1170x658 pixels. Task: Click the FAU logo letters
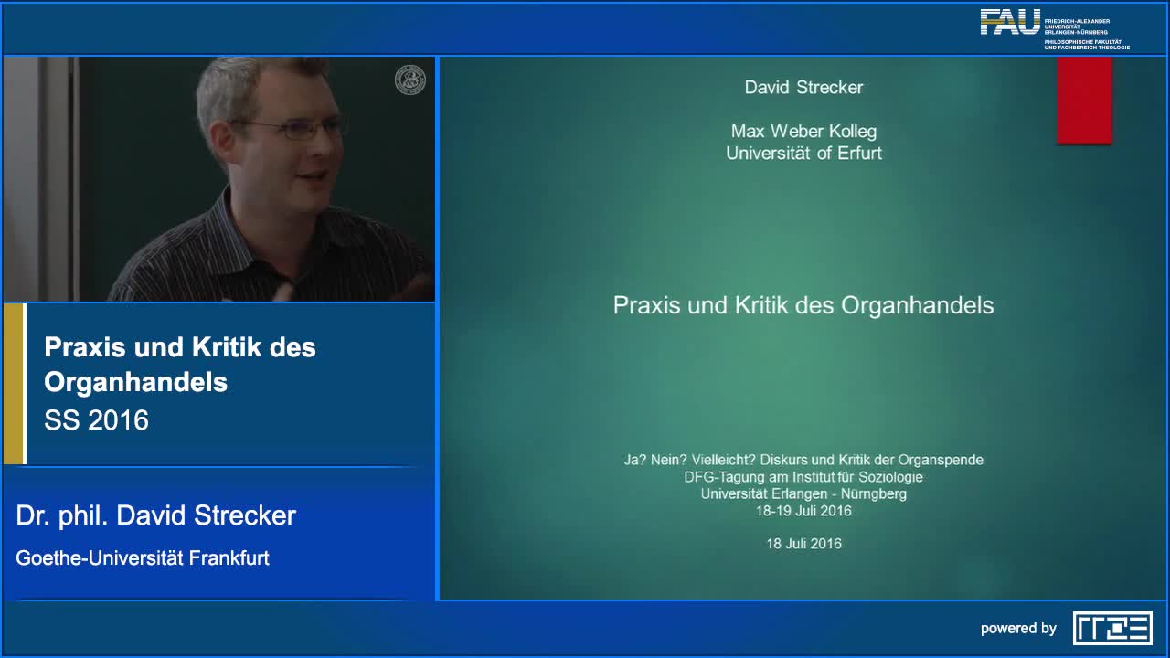click(x=1010, y=22)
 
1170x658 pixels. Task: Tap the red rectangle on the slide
click(x=1084, y=100)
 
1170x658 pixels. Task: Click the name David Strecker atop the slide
click(x=803, y=88)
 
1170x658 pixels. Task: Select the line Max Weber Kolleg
click(x=803, y=132)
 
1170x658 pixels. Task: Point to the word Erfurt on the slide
click(x=860, y=154)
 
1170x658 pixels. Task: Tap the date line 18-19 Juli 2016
click(x=803, y=511)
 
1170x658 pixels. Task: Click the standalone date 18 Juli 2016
click(x=803, y=544)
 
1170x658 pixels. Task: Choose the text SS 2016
click(x=96, y=420)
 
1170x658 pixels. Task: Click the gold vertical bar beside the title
click(x=14, y=384)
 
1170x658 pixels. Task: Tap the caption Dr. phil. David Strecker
click(x=156, y=516)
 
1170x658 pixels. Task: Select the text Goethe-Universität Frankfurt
click(x=143, y=558)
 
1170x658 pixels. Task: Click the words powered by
click(x=1018, y=629)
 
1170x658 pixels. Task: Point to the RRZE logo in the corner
click(x=1112, y=628)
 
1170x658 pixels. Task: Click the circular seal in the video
click(x=410, y=80)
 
